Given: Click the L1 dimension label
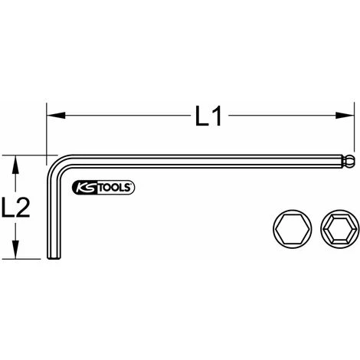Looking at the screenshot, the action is [208, 116].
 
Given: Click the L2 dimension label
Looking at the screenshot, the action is [16, 208].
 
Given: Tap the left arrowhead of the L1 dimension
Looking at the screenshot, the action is [56, 115].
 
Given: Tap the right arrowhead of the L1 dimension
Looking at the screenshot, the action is [345, 115].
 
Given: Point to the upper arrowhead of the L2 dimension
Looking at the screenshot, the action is [16, 165].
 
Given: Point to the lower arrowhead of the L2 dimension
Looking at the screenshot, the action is [16, 249].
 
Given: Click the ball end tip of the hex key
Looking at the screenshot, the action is [349, 161].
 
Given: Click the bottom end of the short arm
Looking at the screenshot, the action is [54, 257].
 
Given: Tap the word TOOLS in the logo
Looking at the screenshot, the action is [115, 188].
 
